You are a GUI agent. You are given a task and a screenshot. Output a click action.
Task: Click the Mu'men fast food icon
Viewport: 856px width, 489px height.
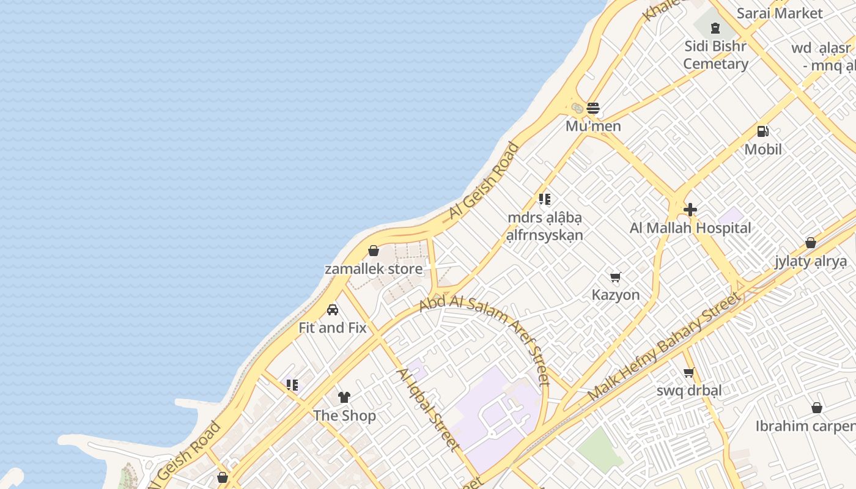[x=592, y=109]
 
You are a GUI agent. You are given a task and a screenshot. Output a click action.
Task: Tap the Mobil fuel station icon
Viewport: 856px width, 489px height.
[x=762, y=131]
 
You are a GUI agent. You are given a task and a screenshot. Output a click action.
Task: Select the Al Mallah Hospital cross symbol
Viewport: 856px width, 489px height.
[x=690, y=210]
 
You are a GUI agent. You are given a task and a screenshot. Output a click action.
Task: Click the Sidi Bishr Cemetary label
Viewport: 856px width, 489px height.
[x=715, y=55]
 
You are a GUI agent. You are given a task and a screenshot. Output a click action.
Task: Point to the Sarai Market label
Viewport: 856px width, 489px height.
[x=780, y=13]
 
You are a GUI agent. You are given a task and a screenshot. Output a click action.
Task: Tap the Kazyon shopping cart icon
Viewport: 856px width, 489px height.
[x=616, y=278]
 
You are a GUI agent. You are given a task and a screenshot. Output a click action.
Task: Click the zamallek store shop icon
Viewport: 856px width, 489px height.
[x=374, y=251]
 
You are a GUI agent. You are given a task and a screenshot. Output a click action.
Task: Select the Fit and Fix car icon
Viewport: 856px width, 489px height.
[x=333, y=310]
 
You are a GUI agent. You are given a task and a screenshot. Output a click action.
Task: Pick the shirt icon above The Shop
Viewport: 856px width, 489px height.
[x=344, y=397]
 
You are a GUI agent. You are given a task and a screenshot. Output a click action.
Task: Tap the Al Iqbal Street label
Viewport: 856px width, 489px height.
[x=429, y=409]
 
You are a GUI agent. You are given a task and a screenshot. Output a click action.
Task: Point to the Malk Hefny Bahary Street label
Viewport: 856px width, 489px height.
[x=664, y=347]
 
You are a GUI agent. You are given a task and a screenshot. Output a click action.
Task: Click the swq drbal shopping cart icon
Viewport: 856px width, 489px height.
[x=689, y=373]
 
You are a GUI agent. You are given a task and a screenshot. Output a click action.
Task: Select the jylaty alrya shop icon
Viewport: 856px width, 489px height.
[x=810, y=243]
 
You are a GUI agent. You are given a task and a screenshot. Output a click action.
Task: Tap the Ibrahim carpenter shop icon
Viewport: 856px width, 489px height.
[x=816, y=408]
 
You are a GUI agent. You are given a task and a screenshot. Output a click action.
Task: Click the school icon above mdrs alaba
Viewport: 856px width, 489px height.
[x=545, y=199]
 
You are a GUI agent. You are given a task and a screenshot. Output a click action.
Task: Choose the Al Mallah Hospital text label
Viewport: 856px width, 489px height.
[x=690, y=229]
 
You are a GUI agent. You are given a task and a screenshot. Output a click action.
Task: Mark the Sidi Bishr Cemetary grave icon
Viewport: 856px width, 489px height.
[x=715, y=28]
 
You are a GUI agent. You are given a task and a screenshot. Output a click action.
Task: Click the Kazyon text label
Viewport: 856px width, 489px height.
[x=616, y=295]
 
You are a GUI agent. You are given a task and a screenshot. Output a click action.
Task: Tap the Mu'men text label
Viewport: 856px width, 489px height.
[x=593, y=127]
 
